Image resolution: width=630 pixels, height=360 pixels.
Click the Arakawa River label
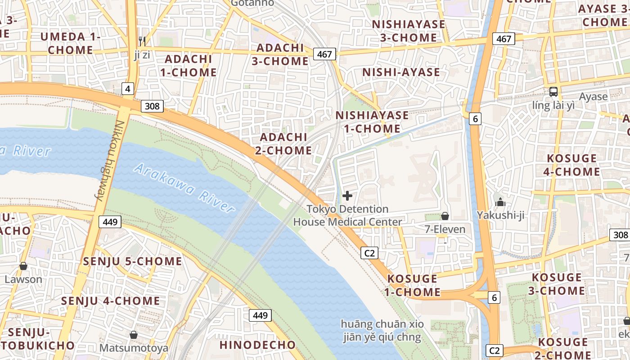point(184,188)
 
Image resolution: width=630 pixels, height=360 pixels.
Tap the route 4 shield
point(128,89)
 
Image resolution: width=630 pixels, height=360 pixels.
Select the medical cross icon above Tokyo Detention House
point(347,196)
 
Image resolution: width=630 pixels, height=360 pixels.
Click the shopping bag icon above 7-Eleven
point(445,216)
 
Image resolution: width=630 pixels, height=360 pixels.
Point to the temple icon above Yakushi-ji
point(500,202)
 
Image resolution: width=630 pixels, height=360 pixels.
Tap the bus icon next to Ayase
point(553,92)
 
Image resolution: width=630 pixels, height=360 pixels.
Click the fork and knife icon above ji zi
point(142,41)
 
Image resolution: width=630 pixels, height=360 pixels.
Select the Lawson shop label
point(23,279)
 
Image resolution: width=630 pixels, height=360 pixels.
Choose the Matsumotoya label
point(134,348)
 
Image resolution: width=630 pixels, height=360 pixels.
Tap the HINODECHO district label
point(258,345)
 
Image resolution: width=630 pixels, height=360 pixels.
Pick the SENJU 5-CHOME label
point(133,261)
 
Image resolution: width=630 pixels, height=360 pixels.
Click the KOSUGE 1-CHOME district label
point(412,285)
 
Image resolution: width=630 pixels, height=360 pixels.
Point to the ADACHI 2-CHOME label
point(283,144)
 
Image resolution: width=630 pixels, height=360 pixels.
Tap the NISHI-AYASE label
point(401,72)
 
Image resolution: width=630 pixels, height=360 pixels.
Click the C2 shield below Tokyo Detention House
point(369,253)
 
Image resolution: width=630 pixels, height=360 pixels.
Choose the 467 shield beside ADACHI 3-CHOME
point(324,54)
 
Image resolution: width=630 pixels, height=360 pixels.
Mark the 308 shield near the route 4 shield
point(152,106)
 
